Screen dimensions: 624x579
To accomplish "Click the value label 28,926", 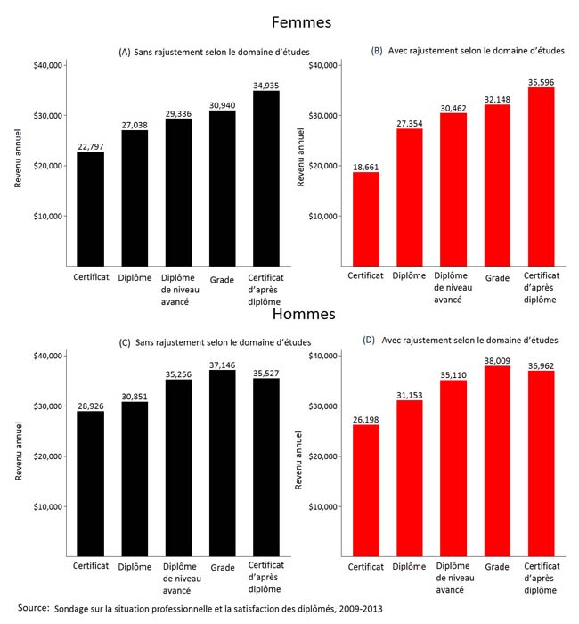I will [x=90, y=404].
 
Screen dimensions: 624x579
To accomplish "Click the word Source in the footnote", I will [x=32, y=608].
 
